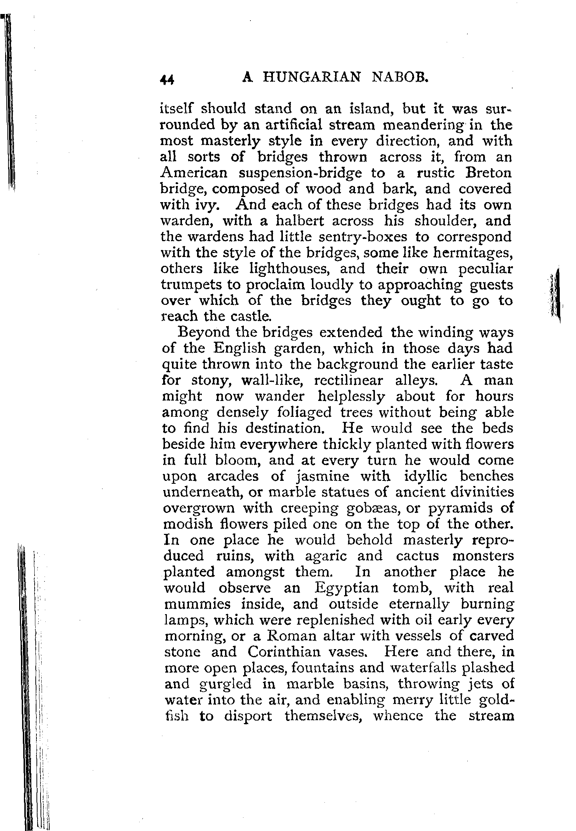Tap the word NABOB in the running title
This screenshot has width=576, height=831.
coord(400,78)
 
